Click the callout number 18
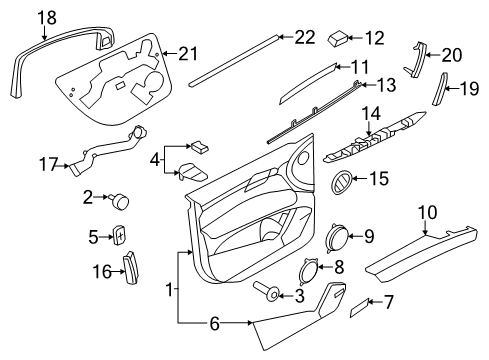click(47, 17)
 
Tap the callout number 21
click(188, 53)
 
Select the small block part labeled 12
click(338, 39)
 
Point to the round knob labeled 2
click(119, 201)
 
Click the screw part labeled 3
click(267, 292)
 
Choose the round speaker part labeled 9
click(336, 237)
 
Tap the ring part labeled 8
click(309, 271)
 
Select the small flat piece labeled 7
click(359, 307)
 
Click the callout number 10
click(428, 213)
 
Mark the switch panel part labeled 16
click(132, 268)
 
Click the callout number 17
click(49, 165)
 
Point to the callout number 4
click(155, 161)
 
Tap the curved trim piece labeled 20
click(415, 60)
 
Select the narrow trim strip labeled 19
click(439, 89)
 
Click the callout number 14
click(371, 114)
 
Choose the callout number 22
click(305, 37)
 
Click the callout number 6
click(215, 323)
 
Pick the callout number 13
click(386, 85)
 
